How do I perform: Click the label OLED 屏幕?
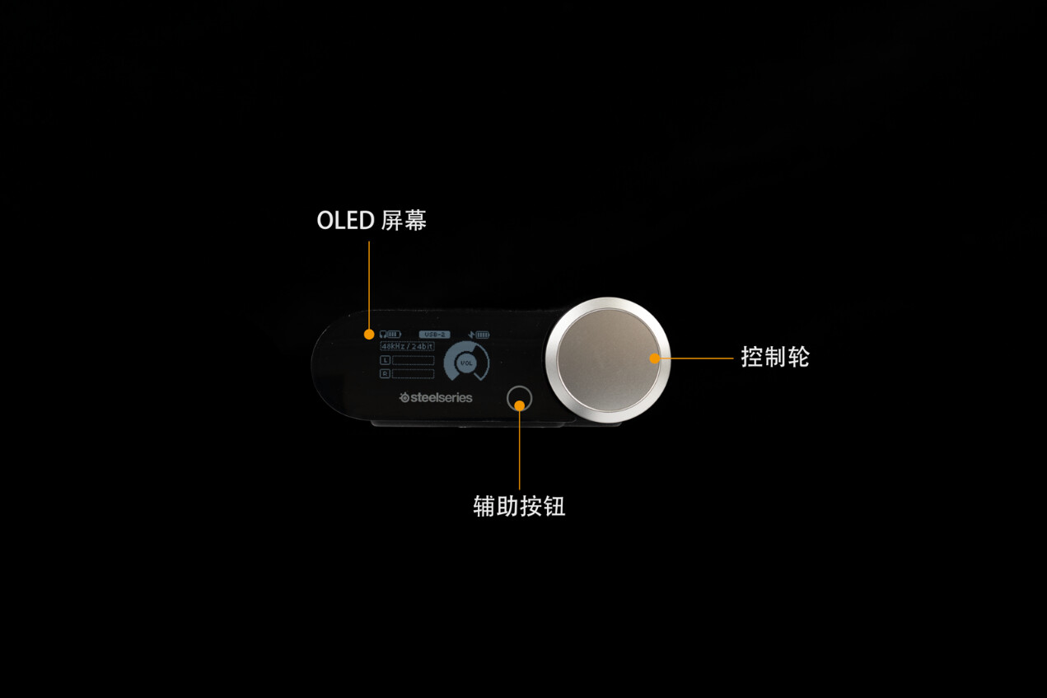372,220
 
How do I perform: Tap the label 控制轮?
774,357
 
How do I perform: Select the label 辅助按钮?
519,505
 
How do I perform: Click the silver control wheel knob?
607,360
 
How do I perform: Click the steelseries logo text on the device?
437,397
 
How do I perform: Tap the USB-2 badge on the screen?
434,335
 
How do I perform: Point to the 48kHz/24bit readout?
407,347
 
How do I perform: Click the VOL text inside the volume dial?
466,363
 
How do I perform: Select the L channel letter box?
385,361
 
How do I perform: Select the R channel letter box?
385,373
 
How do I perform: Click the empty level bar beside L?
413,361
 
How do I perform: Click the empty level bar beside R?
413,373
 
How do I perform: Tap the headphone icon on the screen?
382,335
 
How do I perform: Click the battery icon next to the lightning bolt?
482,335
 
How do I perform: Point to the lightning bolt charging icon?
471,335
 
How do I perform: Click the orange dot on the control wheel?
655,358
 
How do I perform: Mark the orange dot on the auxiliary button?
520,405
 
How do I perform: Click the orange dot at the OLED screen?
369,335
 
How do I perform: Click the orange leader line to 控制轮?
696,358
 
